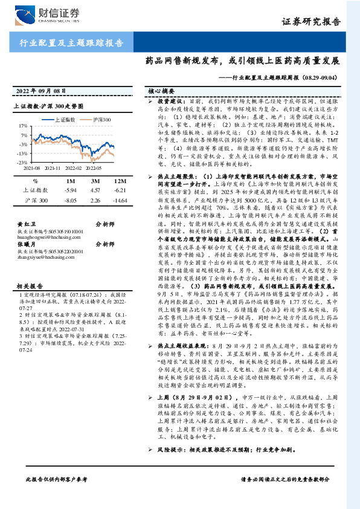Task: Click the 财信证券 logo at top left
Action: click(45, 13)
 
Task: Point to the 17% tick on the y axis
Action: click(22, 126)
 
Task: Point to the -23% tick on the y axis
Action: click(22, 163)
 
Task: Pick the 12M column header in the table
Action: click(120, 181)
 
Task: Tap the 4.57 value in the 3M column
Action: click(95, 190)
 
